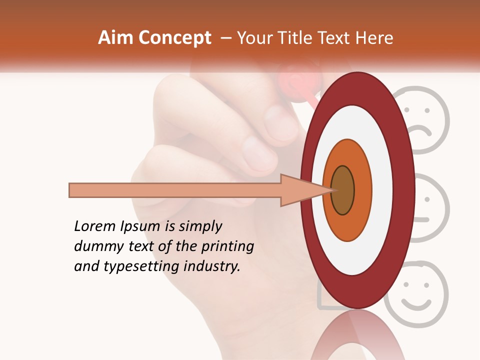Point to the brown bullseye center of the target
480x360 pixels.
[x=342, y=190]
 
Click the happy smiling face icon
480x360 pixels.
[x=417, y=294]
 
